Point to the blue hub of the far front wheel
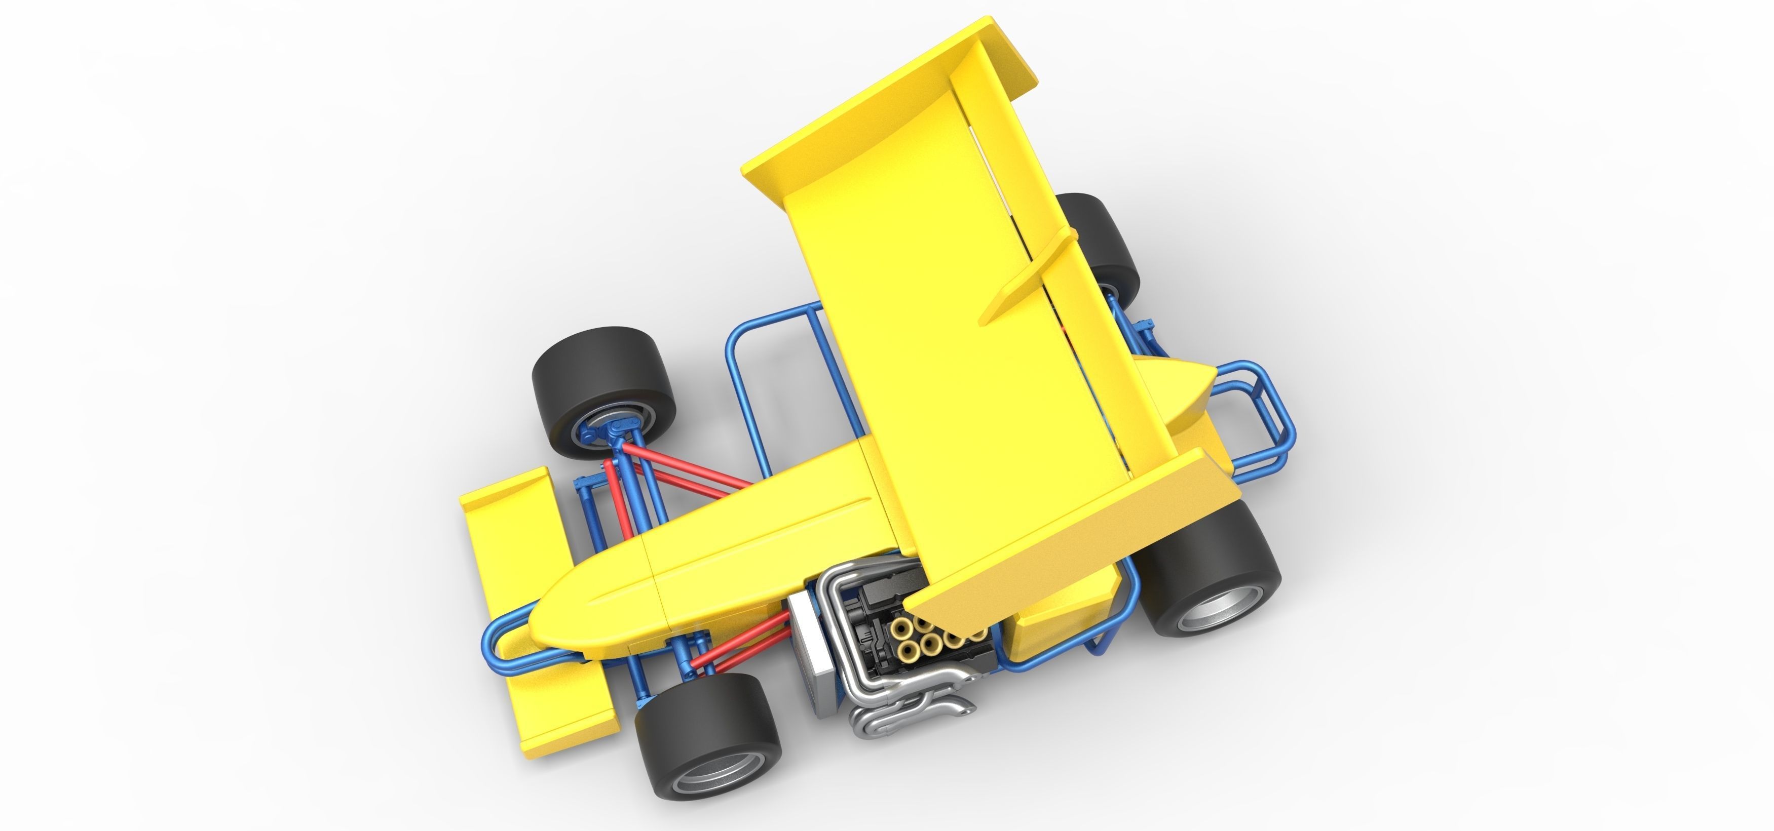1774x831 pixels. [606, 434]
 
